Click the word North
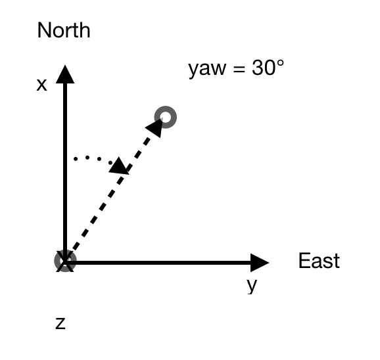64,30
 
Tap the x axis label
41,85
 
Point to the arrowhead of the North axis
65,74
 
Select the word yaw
207,69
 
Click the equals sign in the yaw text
239,69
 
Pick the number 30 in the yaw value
264,68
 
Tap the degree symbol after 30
280,63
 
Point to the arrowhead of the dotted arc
118,166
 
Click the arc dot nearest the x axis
76,159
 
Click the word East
319,261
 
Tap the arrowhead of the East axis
260,263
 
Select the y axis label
252,285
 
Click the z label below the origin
60,323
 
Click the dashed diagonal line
114,189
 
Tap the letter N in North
44,30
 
